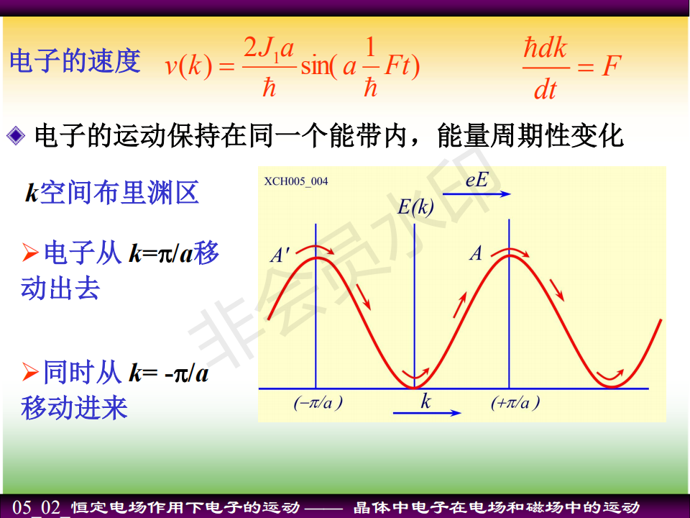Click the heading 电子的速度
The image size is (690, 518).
click(75, 60)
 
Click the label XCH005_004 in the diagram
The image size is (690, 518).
click(295, 181)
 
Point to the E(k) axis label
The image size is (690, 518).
click(415, 206)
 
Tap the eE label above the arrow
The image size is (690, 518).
click(477, 180)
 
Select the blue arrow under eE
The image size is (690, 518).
click(477, 194)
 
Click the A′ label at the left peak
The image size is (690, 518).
click(280, 255)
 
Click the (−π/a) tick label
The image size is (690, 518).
click(318, 403)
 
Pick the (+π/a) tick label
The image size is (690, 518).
click(515, 403)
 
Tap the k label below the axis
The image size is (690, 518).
click(425, 401)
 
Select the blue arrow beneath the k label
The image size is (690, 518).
click(427, 413)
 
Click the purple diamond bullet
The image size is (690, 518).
click(17, 136)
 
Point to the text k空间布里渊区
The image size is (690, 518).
click(112, 193)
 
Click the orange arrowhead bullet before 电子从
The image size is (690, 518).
click(29, 253)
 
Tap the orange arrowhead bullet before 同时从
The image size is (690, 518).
click(29, 371)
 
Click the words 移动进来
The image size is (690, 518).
click(74, 407)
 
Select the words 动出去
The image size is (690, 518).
click(60, 288)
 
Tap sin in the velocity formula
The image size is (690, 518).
click(315, 66)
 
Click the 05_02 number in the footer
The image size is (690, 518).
click(36, 507)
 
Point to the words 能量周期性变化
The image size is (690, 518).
click(530, 135)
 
